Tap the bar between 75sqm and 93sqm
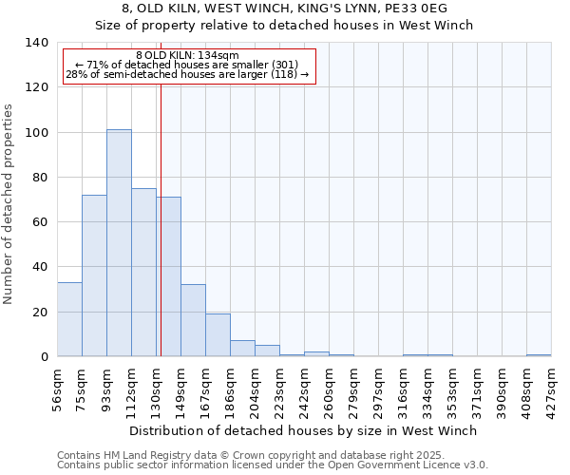coord(94,275)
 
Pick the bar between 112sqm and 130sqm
coord(143,273)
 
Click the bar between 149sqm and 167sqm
coord(193,320)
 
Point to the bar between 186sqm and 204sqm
coord(242,348)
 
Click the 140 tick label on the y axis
coord(36,43)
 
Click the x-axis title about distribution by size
coord(304,430)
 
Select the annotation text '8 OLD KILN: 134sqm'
coord(187,56)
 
